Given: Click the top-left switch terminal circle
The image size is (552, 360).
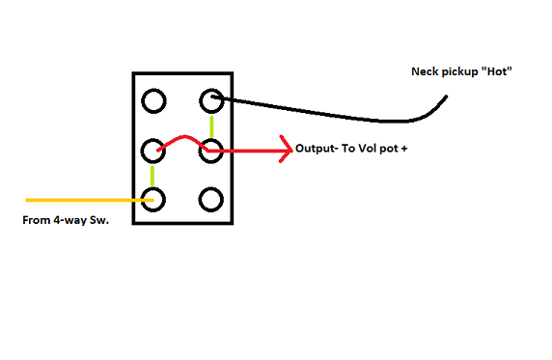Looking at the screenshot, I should click(x=153, y=100).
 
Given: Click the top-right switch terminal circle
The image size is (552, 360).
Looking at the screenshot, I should click(x=211, y=100).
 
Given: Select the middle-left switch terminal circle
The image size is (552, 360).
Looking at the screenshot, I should click(x=153, y=151).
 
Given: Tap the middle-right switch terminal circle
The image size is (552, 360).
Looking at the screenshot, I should click(x=211, y=151).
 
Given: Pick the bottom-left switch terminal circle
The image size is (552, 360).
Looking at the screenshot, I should click(x=153, y=200).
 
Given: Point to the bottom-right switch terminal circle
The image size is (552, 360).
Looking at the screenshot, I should click(x=211, y=200).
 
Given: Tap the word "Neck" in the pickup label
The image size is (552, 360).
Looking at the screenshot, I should click(x=426, y=71).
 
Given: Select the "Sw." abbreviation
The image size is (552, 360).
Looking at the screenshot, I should click(x=102, y=220).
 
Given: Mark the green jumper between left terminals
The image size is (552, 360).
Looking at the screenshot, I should click(x=153, y=176).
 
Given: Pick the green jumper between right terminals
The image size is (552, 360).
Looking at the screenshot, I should click(x=211, y=125).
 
